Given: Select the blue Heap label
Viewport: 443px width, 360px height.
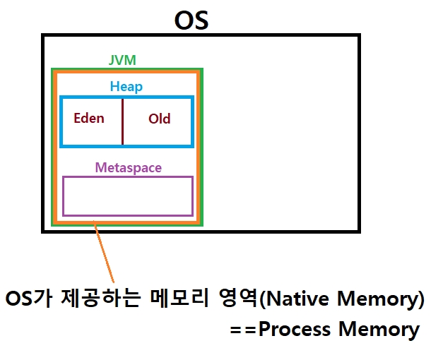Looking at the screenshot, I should (126, 87).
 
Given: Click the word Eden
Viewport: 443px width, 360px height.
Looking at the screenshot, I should (89, 118).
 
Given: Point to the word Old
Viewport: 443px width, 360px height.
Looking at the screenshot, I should (159, 119).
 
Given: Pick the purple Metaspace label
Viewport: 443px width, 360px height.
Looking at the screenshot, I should (128, 168).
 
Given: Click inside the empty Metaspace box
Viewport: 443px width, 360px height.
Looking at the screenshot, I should (128, 196).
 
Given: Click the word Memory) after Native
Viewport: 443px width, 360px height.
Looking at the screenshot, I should (382, 299).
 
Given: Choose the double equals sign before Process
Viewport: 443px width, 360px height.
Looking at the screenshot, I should (242, 330).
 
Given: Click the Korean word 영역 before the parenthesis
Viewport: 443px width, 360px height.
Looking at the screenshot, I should (236, 299).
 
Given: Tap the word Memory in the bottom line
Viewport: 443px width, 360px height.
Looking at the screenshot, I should (379, 329).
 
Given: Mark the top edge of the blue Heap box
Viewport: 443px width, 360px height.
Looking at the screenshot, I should (126, 98).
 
